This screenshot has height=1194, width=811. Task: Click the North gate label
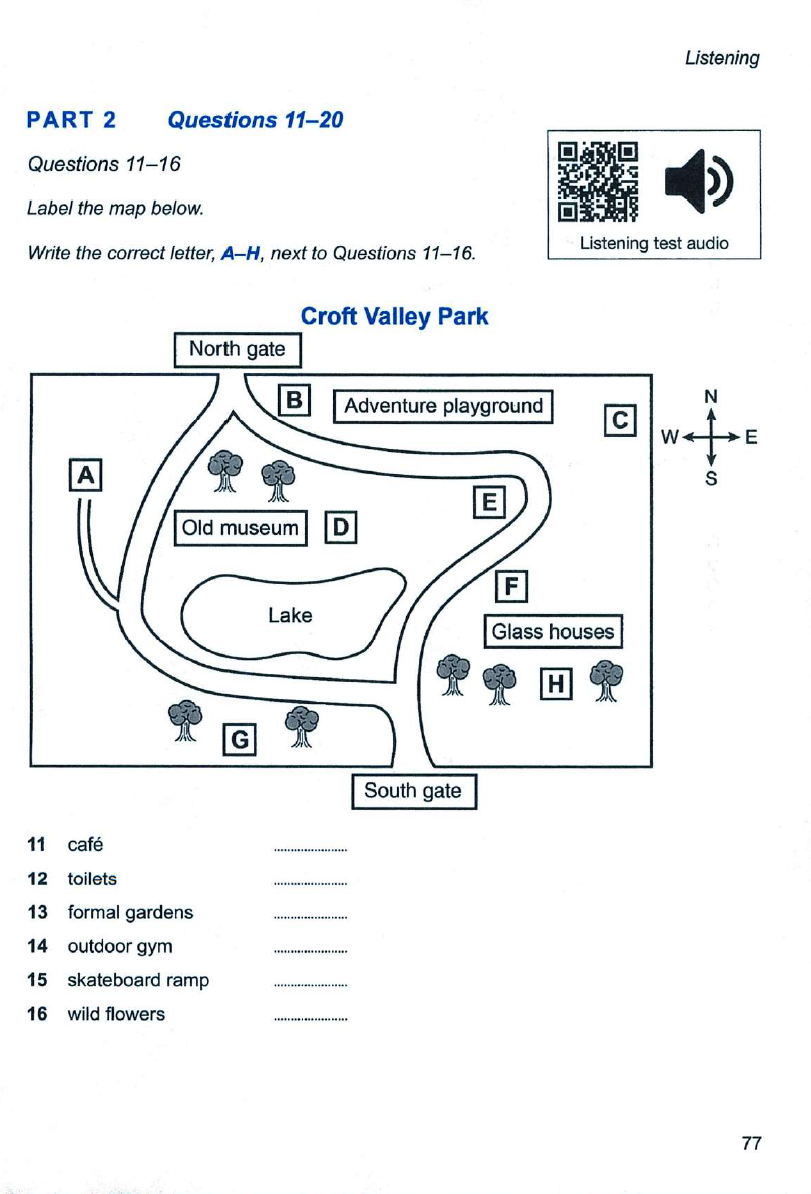tap(238, 350)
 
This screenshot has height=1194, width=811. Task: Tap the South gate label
tap(413, 791)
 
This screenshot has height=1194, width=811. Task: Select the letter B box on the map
tap(294, 400)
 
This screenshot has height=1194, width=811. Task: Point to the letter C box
tap(620, 420)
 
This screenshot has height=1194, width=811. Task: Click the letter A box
tap(85, 475)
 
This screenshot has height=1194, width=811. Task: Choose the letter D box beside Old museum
tap(341, 528)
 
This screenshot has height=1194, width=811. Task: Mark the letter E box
tap(489, 502)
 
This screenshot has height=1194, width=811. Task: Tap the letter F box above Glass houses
tap(512, 586)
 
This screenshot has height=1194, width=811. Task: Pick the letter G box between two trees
tap(240, 739)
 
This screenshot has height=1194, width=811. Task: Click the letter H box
tap(556, 684)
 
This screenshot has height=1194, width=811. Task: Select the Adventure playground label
tap(443, 406)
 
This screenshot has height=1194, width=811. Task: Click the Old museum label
tap(241, 528)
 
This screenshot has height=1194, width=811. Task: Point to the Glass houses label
tap(553, 631)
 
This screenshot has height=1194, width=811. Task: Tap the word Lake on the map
tap(290, 615)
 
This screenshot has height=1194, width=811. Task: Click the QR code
tap(598, 182)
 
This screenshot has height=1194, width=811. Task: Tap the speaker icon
tap(699, 181)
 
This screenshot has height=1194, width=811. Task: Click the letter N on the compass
tap(710, 396)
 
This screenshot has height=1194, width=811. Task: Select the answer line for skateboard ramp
tap(311, 985)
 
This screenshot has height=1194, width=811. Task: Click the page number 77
tap(752, 1143)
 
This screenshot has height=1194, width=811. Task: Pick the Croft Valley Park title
tap(394, 316)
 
